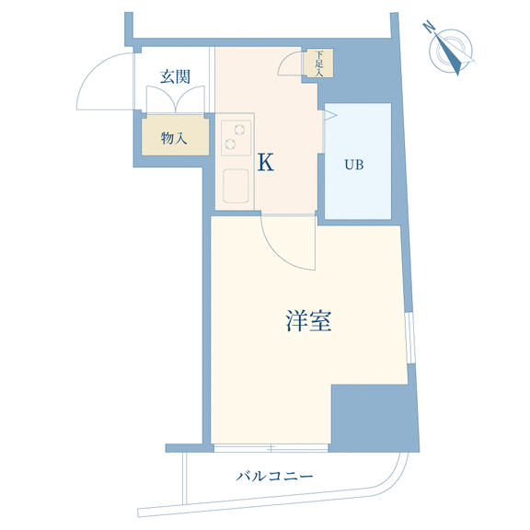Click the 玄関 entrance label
point(175,76)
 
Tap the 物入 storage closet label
point(174,138)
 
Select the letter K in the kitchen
point(266,163)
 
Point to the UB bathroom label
point(354,165)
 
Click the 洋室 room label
point(308,320)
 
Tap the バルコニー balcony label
point(274,477)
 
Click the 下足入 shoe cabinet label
point(319,63)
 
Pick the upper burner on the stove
point(239,130)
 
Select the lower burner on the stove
point(230,144)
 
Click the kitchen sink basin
point(236,186)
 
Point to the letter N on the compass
point(429,27)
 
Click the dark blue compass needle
point(449,54)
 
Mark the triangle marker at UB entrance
point(330,116)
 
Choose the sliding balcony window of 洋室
point(271,448)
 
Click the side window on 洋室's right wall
point(410,338)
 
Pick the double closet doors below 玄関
point(176,99)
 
